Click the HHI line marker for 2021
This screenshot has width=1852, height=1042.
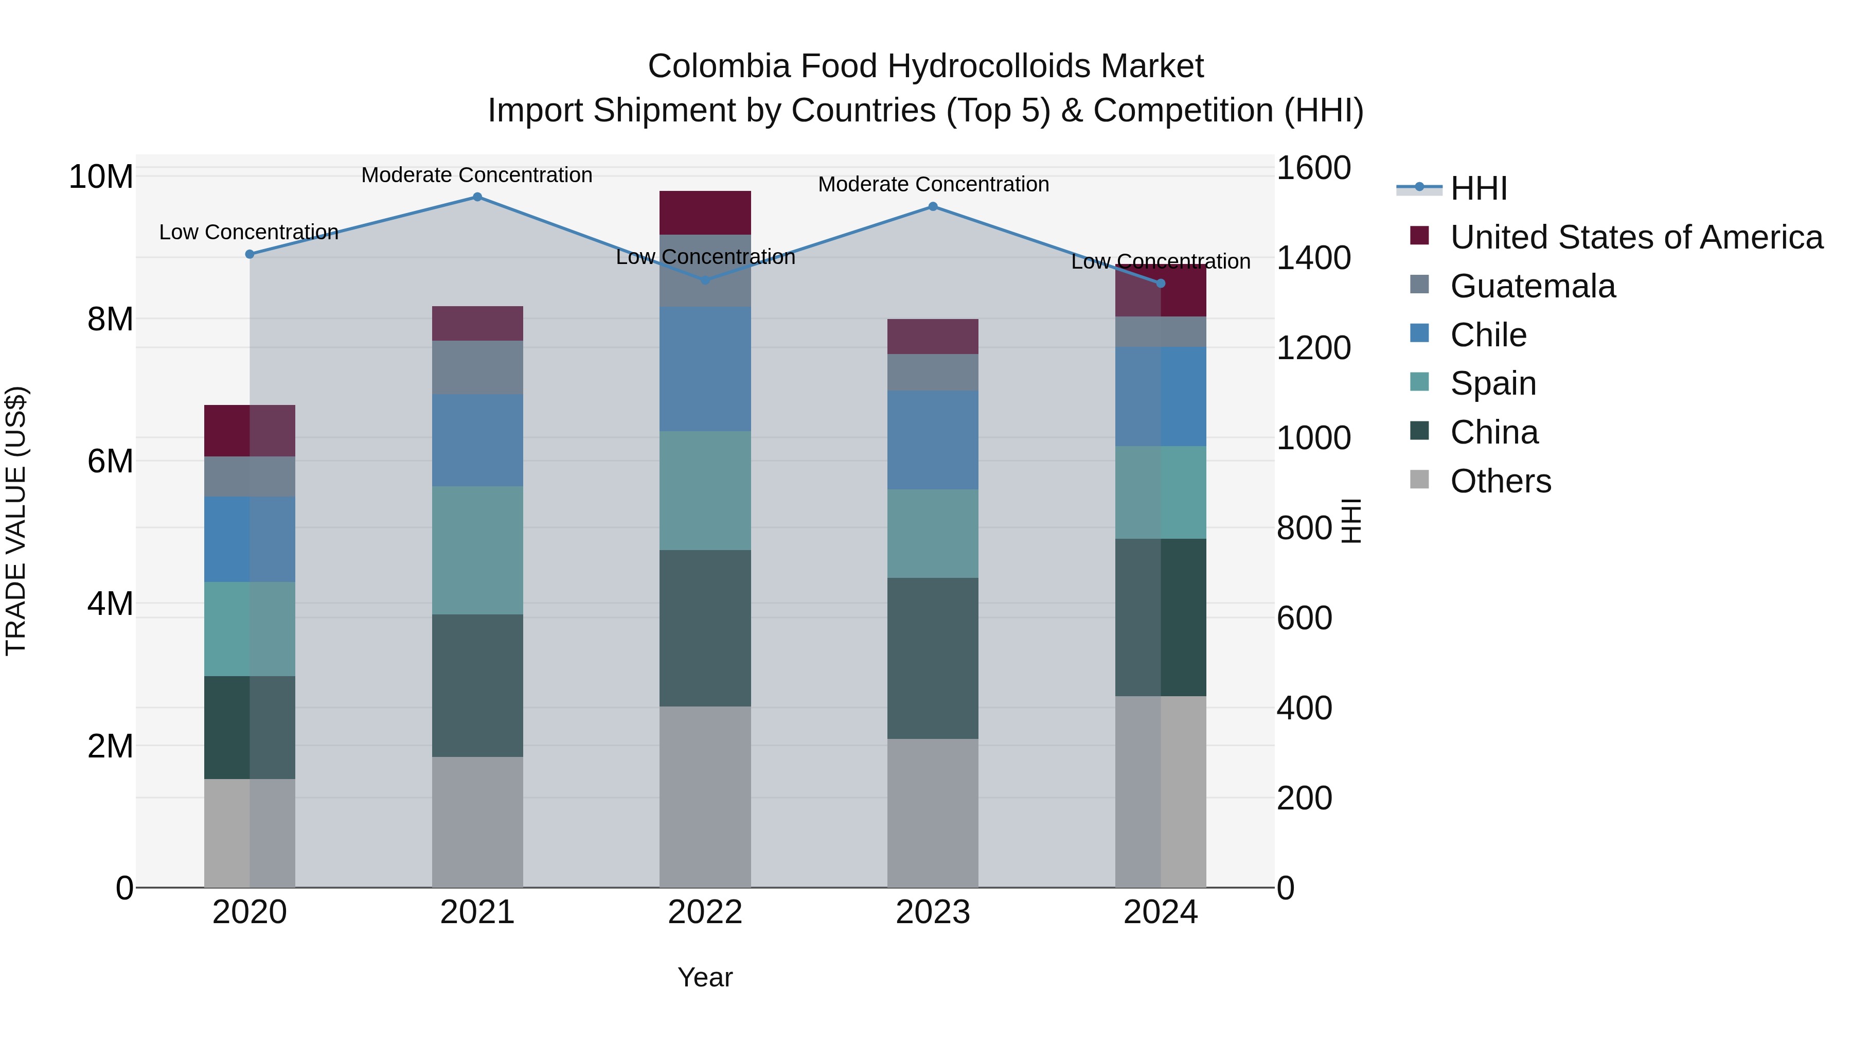(x=477, y=197)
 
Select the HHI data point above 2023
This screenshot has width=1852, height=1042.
(x=933, y=206)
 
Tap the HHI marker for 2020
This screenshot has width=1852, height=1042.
(x=250, y=254)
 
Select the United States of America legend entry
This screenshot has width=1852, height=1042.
(x=1635, y=237)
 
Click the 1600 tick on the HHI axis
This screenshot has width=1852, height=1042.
(x=1313, y=168)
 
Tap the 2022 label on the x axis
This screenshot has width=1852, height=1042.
(x=705, y=912)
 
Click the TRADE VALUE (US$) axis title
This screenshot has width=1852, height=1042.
(x=16, y=521)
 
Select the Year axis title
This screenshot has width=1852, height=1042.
(x=705, y=977)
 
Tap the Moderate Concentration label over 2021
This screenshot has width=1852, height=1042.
(x=477, y=175)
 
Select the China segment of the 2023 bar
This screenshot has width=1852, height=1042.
(x=933, y=658)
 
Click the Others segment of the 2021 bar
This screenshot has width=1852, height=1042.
(x=477, y=821)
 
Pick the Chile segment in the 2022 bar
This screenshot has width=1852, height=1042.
(x=705, y=369)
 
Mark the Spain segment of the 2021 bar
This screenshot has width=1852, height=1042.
(x=477, y=550)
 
